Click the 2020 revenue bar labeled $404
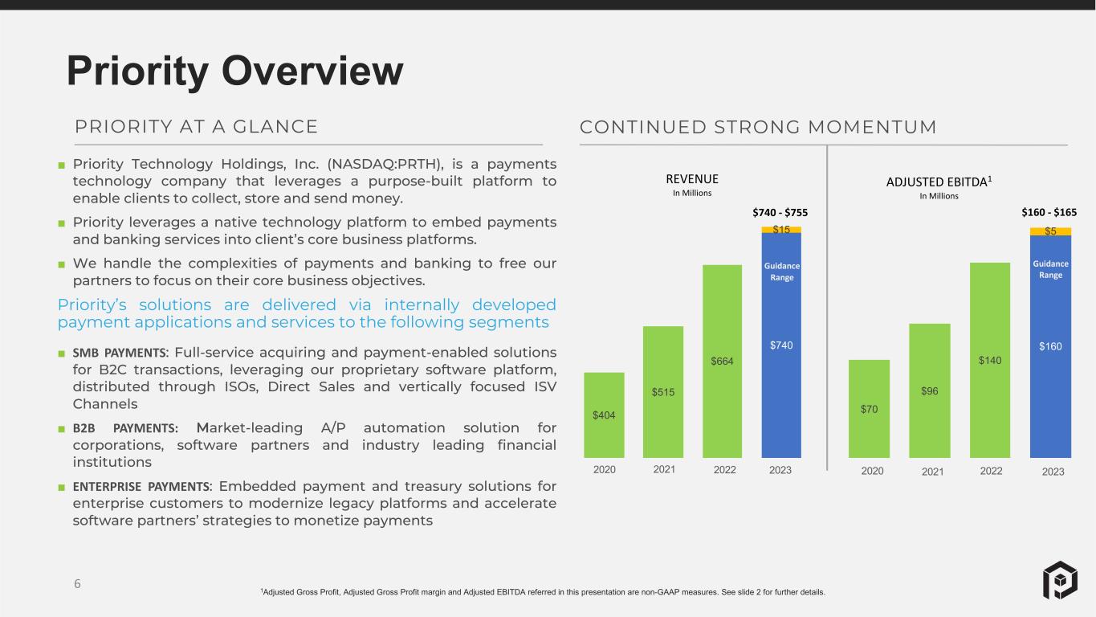[x=604, y=415]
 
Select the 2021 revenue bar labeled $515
[x=663, y=392]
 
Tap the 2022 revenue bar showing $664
[x=722, y=362]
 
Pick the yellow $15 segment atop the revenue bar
[x=781, y=230]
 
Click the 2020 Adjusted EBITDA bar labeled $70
[x=869, y=409]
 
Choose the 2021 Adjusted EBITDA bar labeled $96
[x=930, y=390]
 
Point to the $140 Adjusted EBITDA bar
[x=990, y=361]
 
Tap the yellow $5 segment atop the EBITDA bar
[x=1050, y=231]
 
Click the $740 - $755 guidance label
[x=780, y=213]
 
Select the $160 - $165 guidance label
[x=1049, y=213]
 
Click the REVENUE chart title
[x=692, y=179]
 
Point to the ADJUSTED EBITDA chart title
[x=939, y=182]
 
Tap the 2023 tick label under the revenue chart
[x=780, y=470]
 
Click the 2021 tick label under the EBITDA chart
[x=932, y=472]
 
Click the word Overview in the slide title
[x=312, y=71]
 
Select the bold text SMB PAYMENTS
[x=120, y=353]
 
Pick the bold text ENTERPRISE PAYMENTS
[x=141, y=487]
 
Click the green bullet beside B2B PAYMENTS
[x=62, y=429]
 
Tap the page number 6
[x=77, y=584]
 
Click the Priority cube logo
[x=1060, y=580]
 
